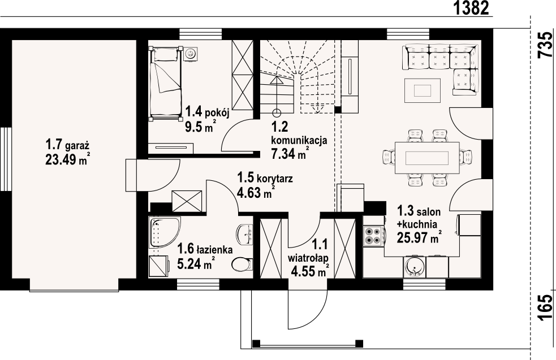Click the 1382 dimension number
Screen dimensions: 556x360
(471, 8)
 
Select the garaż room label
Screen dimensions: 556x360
(76, 145)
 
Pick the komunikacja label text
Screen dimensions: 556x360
(299, 140)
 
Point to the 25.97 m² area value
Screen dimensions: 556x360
(419, 238)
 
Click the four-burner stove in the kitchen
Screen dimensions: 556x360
(374, 235)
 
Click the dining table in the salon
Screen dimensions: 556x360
(427, 158)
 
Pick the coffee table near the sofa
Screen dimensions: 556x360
(423, 90)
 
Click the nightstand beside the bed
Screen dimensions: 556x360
(191, 54)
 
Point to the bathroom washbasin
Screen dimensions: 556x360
(245, 234)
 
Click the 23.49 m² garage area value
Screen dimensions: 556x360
(67, 160)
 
